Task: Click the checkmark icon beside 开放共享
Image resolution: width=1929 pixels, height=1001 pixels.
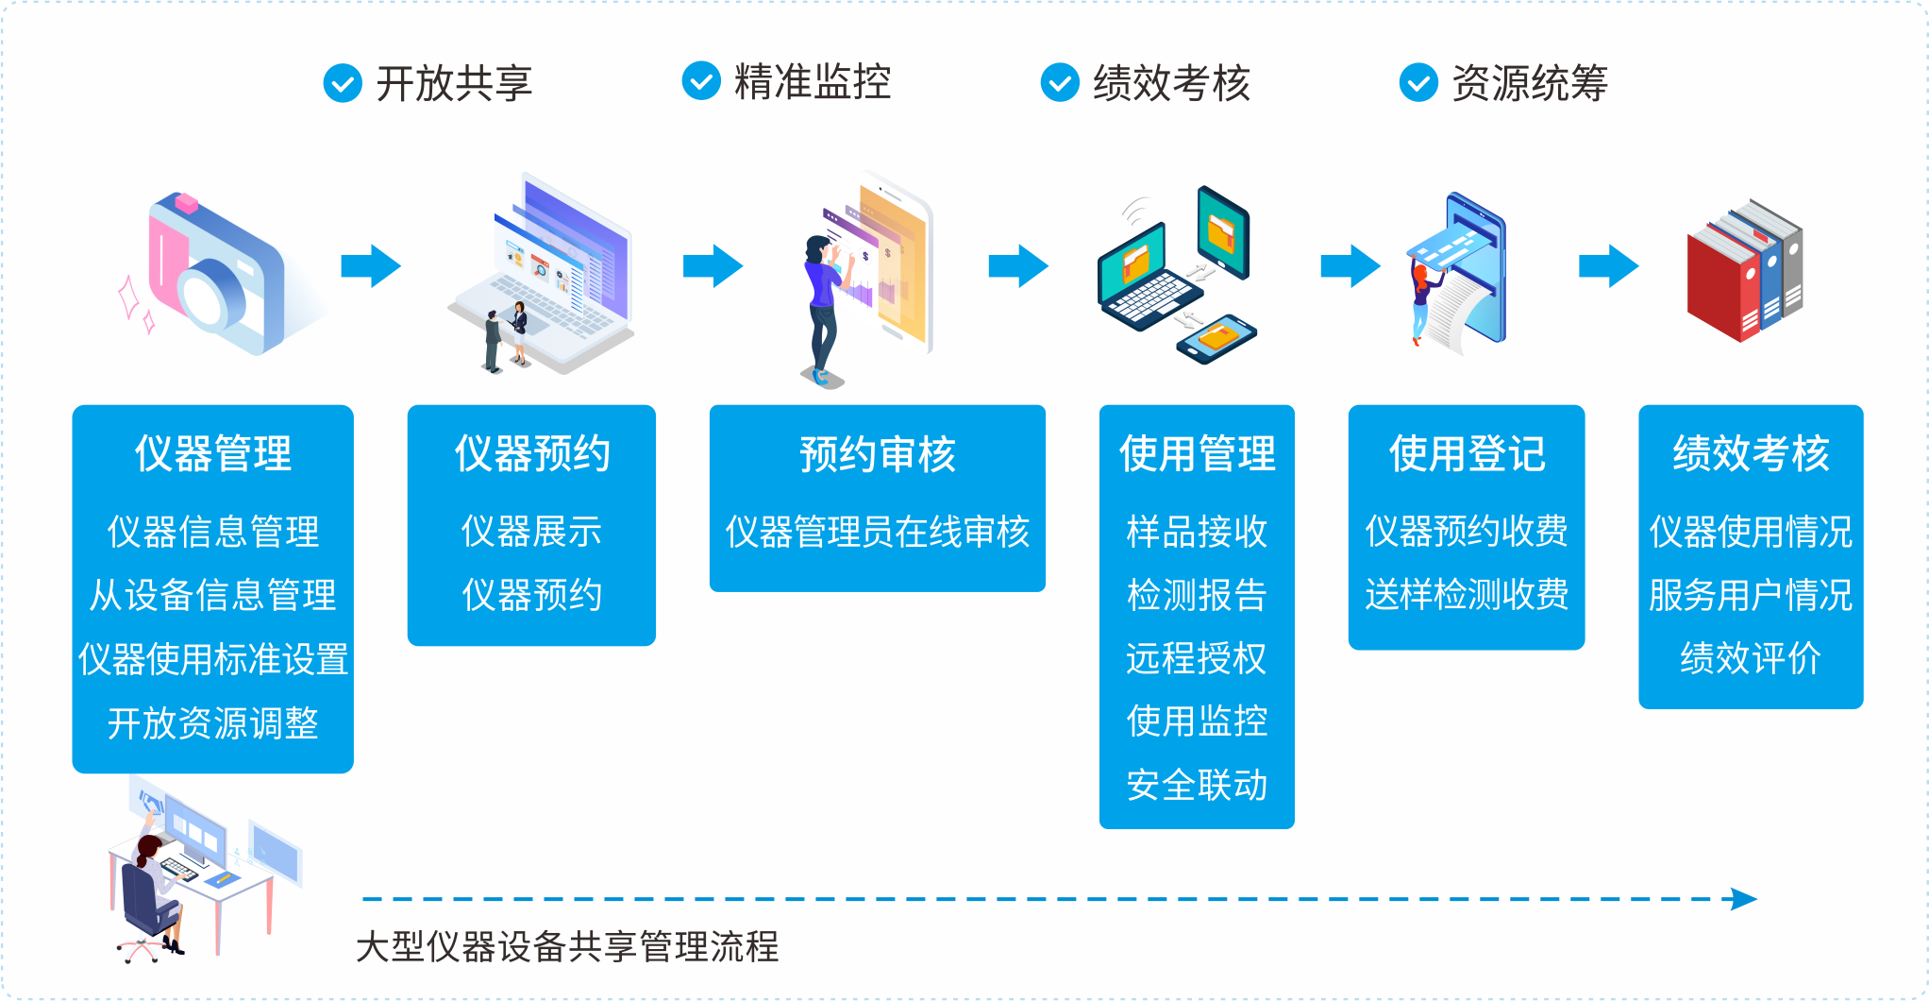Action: tap(343, 83)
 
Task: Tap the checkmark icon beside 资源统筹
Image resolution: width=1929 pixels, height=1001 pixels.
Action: tap(1418, 83)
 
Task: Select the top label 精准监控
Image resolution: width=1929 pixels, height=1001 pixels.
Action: tap(813, 82)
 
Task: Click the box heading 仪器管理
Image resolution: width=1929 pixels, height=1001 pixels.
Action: tap(213, 453)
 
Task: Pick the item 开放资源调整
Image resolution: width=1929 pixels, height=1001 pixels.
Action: tap(213, 723)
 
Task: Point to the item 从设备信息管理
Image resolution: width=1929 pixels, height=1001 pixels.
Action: tap(213, 595)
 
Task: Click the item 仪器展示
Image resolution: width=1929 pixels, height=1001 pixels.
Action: tap(531, 532)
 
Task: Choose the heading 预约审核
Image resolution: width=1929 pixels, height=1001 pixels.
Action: tap(878, 454)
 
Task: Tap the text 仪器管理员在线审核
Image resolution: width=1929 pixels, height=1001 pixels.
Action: tap(878, 532)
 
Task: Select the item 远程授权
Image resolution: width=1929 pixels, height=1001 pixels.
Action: tap(1197, 658)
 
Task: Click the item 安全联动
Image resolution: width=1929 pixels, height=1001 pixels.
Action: tap(1197, 785)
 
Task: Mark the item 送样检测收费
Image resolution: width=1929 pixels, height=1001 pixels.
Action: tap(1467, 595)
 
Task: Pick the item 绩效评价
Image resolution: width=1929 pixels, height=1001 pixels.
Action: tap(1751, 658)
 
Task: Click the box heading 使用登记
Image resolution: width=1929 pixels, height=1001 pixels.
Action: tap(1467, 453)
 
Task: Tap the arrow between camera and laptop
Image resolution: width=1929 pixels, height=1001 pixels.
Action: tap(371, 266)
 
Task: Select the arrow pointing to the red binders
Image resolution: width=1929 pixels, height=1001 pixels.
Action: tap(1609, 266)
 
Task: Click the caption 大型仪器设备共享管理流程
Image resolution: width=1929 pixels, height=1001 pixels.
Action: tap(567, 946)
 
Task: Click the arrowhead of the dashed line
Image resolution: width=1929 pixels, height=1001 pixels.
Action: tap(1744, 899)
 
